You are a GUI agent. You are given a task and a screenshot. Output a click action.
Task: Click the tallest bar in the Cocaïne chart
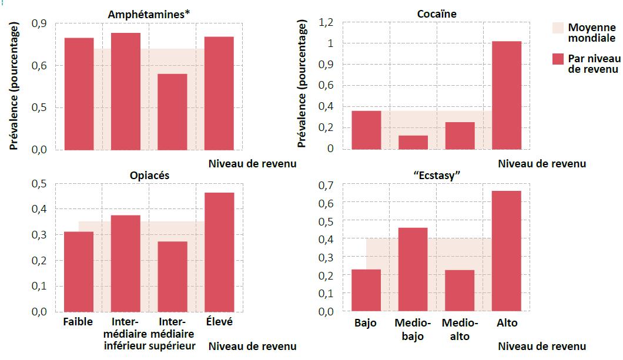click(506, 95)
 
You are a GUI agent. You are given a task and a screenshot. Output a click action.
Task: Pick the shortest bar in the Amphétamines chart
click(172, 112)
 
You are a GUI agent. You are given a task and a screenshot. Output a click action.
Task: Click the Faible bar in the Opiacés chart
click(79, 271)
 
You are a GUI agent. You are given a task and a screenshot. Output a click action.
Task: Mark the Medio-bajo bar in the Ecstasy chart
click(413, 269)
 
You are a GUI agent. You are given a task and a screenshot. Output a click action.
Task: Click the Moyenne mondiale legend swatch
click(558, 28)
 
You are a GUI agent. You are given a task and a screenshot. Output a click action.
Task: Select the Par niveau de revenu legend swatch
click(558, 58)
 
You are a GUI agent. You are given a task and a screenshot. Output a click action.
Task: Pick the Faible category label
click(78, 322)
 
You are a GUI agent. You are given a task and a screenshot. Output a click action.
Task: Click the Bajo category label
click(366, 324)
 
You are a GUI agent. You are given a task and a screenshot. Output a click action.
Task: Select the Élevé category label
click(219, 322)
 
